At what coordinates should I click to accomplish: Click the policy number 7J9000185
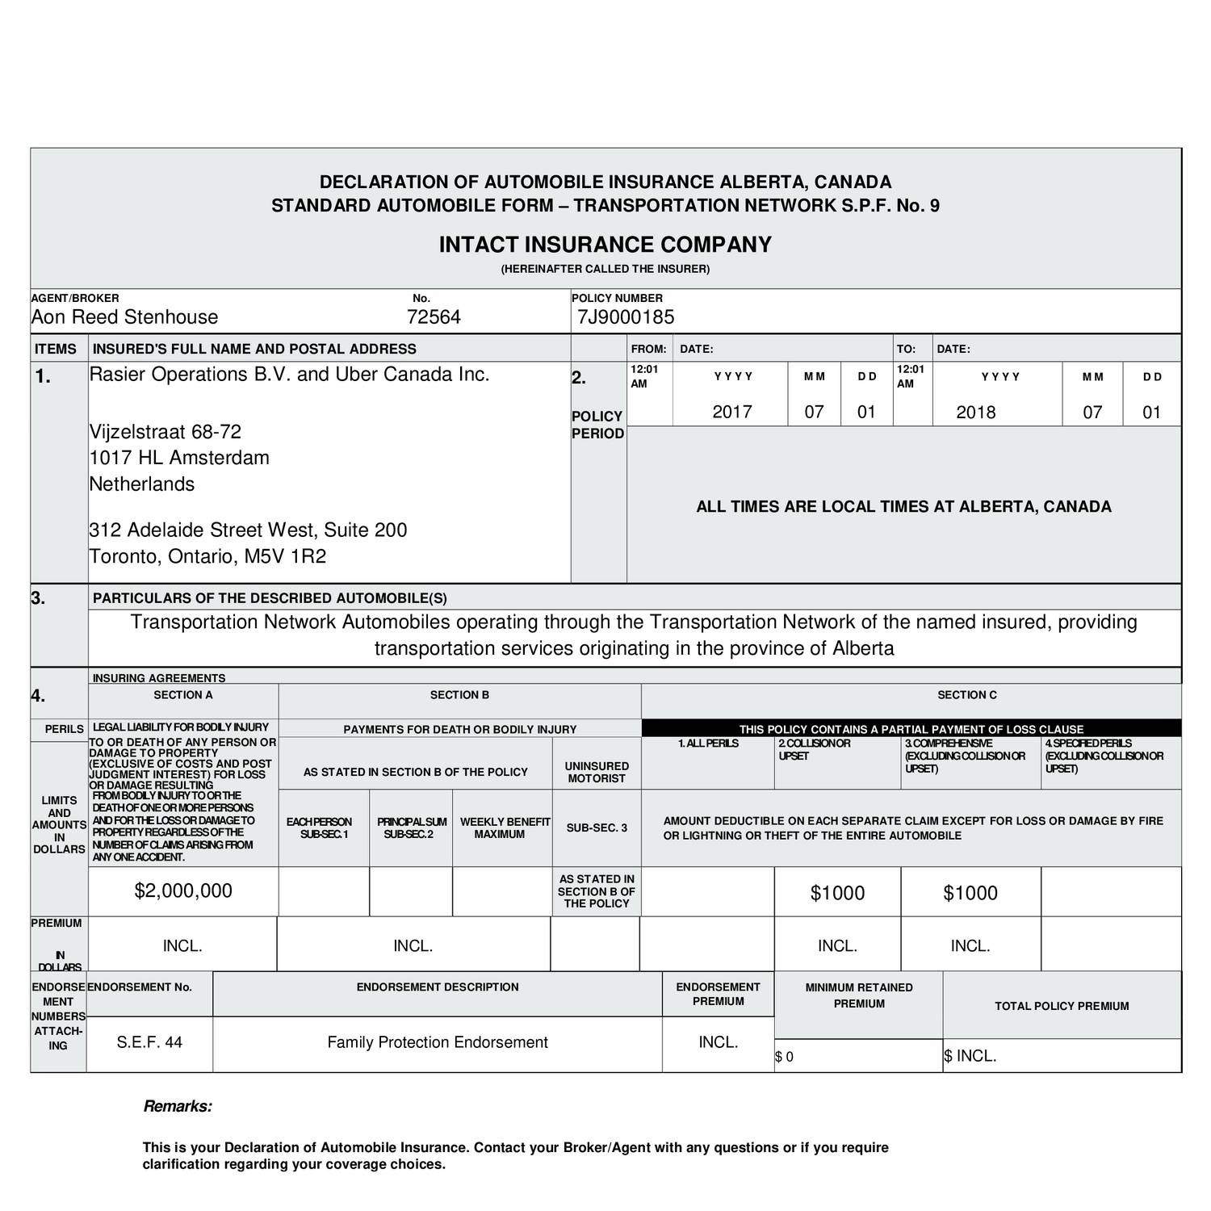point(626,317)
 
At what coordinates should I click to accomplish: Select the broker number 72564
point(434,317)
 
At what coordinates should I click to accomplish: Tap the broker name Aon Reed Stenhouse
point(124,317)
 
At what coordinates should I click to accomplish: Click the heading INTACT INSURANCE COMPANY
point(605,245)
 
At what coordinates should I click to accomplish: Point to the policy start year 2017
point(732,412)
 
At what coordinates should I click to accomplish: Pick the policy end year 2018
point(976,413)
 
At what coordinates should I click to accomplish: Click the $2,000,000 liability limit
point(183,890)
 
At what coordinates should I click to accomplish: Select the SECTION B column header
point(459,695)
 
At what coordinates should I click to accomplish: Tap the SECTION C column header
point(967,695)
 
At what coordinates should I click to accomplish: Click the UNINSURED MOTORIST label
point(597,772)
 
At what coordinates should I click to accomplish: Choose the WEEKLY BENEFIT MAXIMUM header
point(505,828)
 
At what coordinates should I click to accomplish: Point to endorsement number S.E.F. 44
point(149,1042)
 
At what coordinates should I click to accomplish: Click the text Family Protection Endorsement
point(438,1042)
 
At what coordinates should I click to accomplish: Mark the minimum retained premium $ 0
point(785,1057)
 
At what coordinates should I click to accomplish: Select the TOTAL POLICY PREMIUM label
point(1062,1006)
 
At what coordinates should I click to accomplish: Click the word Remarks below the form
point(178,1107)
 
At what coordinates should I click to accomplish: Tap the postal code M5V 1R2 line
point(207,556)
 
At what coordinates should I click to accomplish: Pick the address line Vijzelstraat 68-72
point(165,432)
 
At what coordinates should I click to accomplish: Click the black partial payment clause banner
point(911,729)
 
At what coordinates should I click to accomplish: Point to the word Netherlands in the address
point(142,484)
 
